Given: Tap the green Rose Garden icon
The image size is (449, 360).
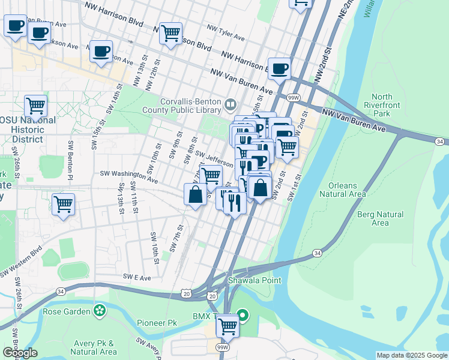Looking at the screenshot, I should [x=99, y=311].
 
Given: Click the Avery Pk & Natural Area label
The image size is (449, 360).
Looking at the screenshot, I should [x=94, y=347].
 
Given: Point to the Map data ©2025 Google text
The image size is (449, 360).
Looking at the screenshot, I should [x=412, y=355].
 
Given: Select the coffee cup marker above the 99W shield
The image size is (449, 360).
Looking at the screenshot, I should [x=279, y=68].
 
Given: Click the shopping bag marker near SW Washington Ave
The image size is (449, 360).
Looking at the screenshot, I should [x=195, y=194].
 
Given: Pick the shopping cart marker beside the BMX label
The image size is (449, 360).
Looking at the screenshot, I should [x=228, y=326].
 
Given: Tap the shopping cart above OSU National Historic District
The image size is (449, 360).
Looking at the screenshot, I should [x=36, y=106].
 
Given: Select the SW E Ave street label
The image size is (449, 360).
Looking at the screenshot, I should [x=138, y=276].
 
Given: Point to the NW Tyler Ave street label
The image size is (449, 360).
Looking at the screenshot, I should [x=226, y=32].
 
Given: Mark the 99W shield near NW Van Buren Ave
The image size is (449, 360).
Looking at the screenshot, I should [x=294, y=98].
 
